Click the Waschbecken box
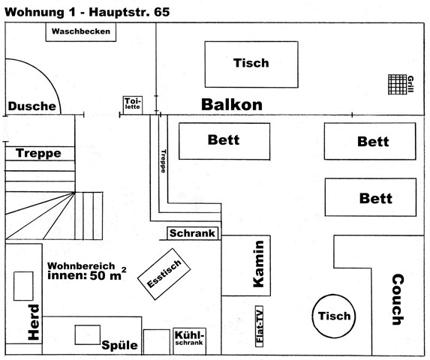(80, 31)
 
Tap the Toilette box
(133, 105)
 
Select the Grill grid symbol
(398, 85)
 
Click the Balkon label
(232, 105)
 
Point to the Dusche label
(32, 106)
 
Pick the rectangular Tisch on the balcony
(251, 64)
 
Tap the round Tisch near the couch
(334, 316)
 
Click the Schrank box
(193, 233)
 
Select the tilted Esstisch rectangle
(164, 274)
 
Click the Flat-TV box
(259, 326)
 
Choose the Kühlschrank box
(189, 341)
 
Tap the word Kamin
(259, 265)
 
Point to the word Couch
(398, 299)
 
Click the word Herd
(34, 322)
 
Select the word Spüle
(119, 345)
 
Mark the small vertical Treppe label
(164, 161)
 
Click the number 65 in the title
(162, 12)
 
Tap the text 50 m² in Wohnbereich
(108, 274)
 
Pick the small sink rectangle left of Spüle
(88, 334)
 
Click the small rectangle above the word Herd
(23, 286)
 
